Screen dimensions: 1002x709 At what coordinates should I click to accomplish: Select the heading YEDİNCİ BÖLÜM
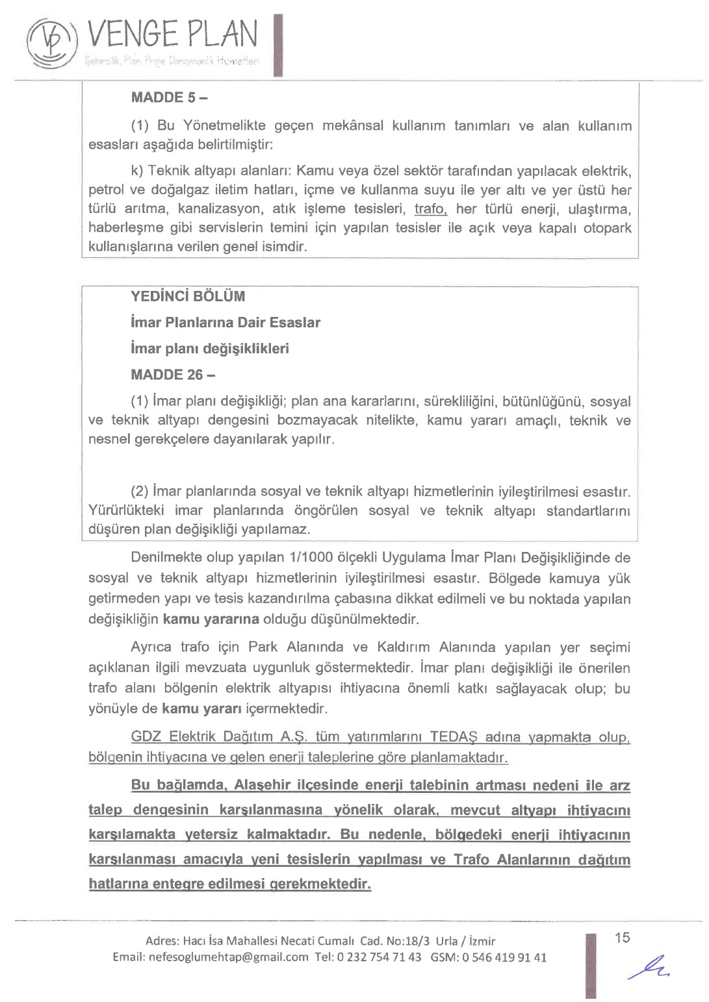(188, 297)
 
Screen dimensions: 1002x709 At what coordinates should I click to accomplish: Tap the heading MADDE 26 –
(173, 375)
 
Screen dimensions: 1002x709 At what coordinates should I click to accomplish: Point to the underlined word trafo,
(431, 209)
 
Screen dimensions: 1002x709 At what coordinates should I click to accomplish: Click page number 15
(622, 938)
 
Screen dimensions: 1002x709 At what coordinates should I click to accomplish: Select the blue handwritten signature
(649, 967)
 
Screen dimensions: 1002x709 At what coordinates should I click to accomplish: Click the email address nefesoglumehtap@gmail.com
(228, 957)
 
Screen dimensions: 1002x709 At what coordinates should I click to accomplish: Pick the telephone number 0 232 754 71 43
(379, 957)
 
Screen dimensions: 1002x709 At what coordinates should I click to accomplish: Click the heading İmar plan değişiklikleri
(209, 349)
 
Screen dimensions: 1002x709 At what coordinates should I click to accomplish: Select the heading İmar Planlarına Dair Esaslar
(225, 323)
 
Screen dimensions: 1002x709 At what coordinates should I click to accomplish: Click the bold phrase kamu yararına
(211, 619)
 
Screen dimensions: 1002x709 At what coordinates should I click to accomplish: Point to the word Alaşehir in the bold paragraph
(262, 785)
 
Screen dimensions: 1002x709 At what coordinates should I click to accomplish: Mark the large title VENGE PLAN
(172, 34)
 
